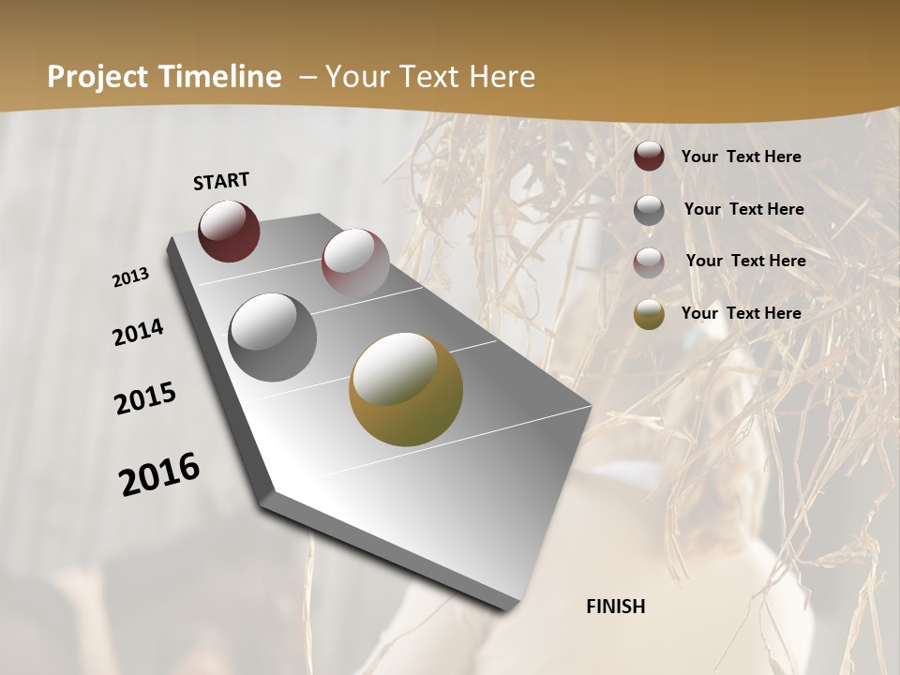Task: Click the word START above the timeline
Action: click(x=221, y=181)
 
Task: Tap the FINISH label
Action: click(x=615, y=607)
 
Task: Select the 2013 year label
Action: click(x=131, y=277)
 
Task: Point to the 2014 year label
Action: click(x=138, y=333)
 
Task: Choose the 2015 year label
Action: click(x=145, y=398)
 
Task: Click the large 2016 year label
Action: click(x=159, y=473)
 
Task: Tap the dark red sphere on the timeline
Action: click(x=229, y=231)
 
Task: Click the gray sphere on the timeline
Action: click(x=273, y=337)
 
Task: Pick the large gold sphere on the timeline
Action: click(x=406, y=389)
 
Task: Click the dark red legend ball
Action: click(x=649, y=157)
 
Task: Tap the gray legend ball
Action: click(x=649, y=210)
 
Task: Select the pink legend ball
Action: click(x=649, y=262)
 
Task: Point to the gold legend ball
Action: click(x=649, y=314)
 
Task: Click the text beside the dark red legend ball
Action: click(x=741, y=157)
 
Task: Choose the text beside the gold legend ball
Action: click(x=741, y=313)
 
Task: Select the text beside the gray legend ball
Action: click(x=743, y=209)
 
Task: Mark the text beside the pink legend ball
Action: click(x=745, y=261)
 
